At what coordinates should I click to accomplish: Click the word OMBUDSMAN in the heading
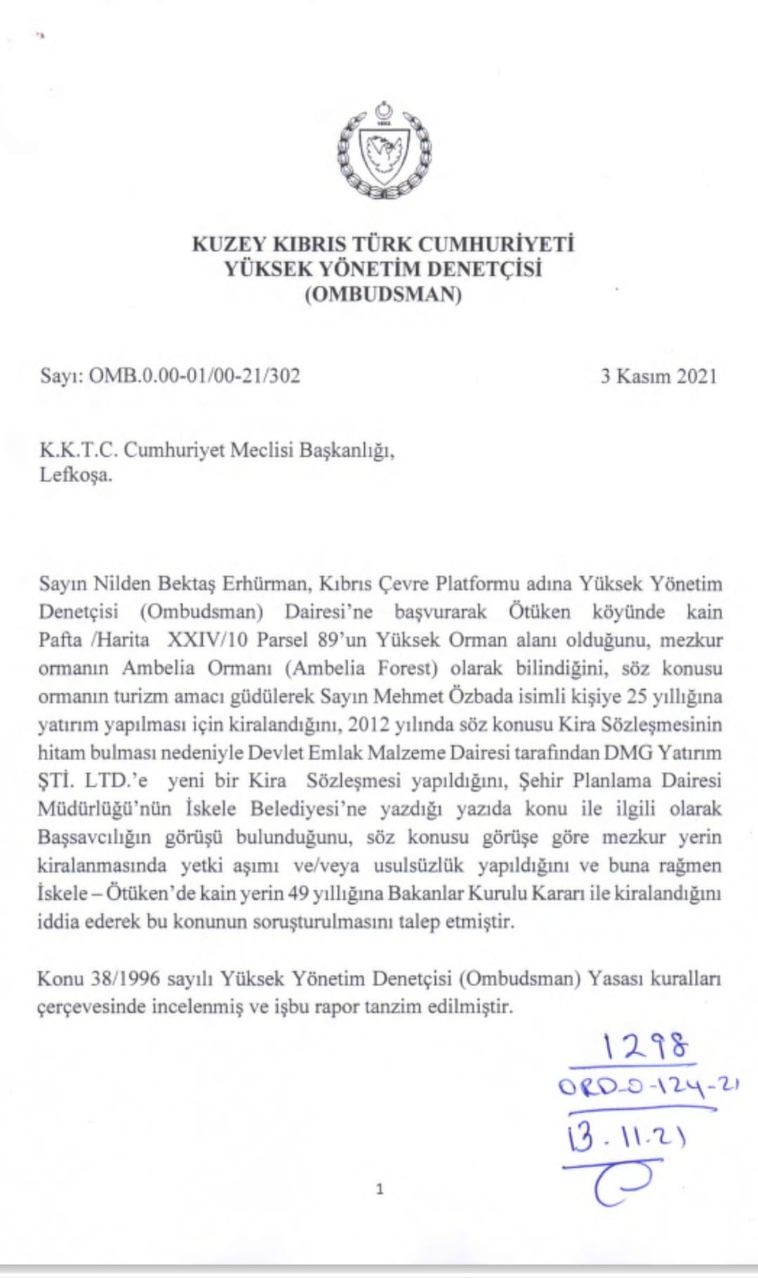click(383, 293)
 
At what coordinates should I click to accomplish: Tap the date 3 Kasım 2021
click(658, 376)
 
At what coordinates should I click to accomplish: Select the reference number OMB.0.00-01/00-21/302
click(194, 376)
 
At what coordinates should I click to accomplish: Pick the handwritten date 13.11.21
click(626, 1138)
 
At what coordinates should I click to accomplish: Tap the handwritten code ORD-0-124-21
click(648, 1087)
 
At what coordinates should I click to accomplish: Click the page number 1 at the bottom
click(380, 1189)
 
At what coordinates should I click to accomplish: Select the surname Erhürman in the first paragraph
click(265, 584)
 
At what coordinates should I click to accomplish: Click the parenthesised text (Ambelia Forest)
click(361, 667)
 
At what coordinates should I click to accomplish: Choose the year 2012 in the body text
click(368, 724)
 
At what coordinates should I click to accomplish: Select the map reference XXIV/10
click(208, 640)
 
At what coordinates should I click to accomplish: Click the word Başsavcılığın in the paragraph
click(94, 837)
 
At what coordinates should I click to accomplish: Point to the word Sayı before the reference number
click(60, 376)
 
